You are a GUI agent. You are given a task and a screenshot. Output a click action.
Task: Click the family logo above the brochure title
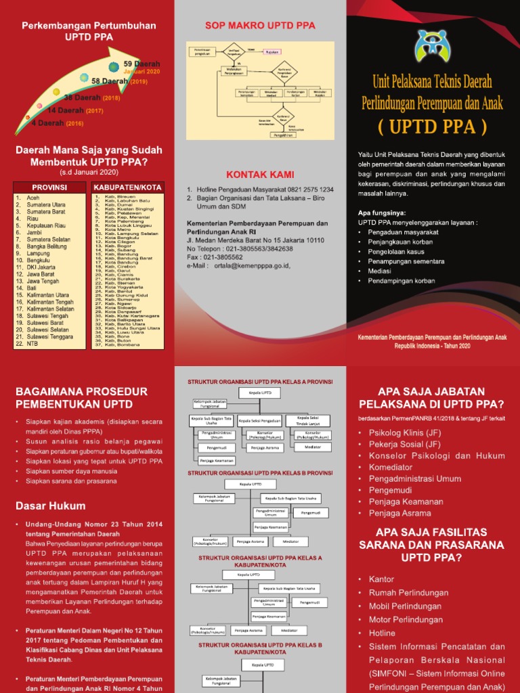433,45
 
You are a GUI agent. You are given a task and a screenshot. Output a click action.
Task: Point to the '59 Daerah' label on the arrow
142,64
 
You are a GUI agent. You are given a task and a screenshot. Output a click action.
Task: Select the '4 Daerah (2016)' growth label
57,123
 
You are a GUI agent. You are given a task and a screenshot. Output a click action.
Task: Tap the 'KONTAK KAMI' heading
260,175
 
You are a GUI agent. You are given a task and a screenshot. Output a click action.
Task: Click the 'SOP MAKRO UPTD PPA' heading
260,26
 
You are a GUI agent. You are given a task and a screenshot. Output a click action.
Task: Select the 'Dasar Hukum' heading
50,506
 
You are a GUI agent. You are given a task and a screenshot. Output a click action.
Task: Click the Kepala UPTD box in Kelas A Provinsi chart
260,393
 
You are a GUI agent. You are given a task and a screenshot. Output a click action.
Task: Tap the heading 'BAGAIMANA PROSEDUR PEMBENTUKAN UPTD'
81,397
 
